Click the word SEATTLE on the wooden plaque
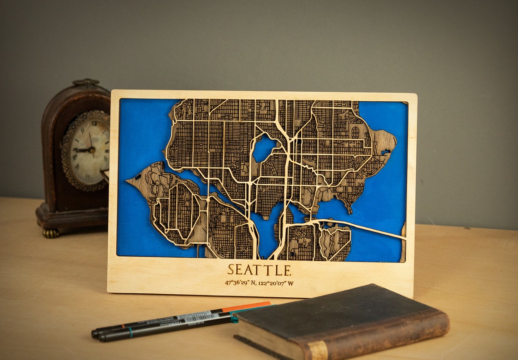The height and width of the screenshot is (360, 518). pos(259,270)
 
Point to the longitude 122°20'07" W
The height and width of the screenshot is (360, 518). pos(276,283)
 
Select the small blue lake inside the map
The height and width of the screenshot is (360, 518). pos(264,148)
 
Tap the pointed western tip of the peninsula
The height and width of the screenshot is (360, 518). pos(129,182)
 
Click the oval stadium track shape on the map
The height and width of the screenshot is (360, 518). pos(355,133)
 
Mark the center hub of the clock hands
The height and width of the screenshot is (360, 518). pos(91,149)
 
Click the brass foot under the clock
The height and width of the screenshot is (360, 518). pos(51,233)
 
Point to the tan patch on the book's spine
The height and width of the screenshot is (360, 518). pos(317,351)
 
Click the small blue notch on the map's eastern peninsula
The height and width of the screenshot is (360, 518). pos(386,152)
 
